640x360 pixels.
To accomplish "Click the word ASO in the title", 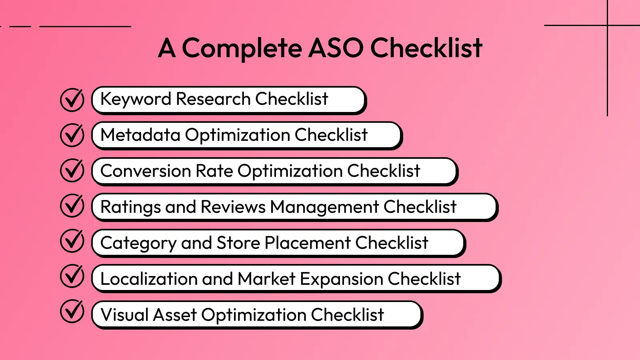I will click(x=336, y=48).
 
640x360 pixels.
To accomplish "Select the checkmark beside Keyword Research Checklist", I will click(x=72, y=100).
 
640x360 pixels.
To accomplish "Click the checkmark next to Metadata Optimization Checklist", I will click(x=72, y=135).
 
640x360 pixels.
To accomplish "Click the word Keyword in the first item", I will click(x=136, y=99).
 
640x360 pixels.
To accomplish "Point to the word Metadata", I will click(x=140, y=135).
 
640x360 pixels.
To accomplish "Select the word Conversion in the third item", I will click(x=145, y=171).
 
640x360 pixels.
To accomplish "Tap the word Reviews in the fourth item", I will click(x=233, y=207).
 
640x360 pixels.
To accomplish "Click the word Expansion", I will click(x=341, y=279).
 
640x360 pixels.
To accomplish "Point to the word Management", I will click(x=324, y=207).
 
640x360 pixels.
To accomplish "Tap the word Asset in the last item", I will click(x=175, y=315).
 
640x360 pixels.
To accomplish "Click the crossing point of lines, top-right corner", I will click(x=607, y=26).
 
